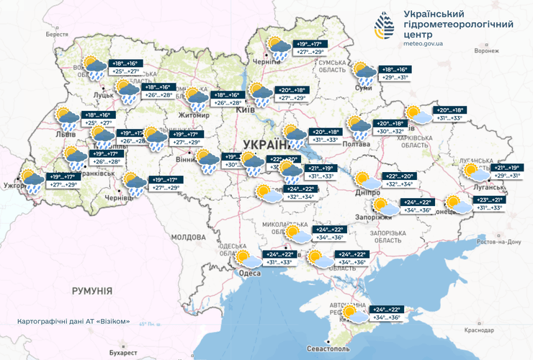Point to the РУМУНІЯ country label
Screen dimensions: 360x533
pyautogui.click(x=92, y=290)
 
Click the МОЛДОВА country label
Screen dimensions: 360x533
pyautogui.click(x=190, y=237)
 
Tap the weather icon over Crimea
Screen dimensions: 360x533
pyautogui.click(x=354, y=312)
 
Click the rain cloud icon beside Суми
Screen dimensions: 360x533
pyautogui.click(x=364, y=71)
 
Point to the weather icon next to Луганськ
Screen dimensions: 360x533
pyautogui.click(x=475, y=171)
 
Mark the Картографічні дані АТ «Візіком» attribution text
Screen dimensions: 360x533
pyautogui.click(x=73, y=321)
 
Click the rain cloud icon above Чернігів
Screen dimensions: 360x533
pyautogui.click(x=279, y=48)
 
